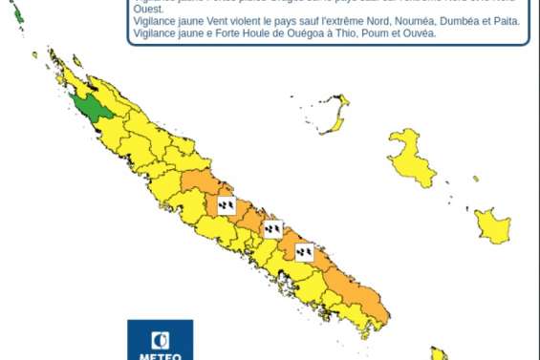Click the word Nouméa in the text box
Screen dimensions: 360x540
tap(400, 20)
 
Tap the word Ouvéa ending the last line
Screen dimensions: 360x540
tap(418, 32)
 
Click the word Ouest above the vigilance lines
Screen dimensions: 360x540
tap(149, 8)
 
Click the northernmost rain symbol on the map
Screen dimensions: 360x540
tap(227, 204)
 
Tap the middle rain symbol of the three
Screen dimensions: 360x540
tap(273, 229)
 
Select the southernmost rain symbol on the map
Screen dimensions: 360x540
tap(305, 251)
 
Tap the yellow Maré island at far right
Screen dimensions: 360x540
tap(493, 226)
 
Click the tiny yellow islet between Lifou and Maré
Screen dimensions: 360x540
tap(476, 179)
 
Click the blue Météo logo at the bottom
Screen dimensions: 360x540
tap(160, 341)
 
